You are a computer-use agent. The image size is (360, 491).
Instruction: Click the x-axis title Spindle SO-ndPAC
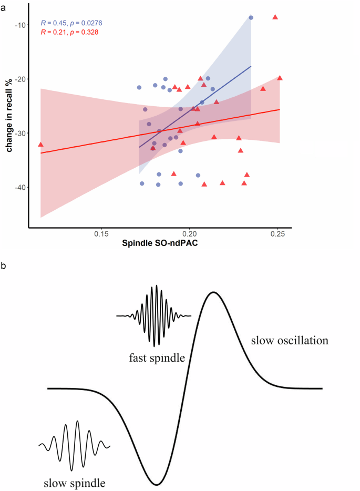point(159,243)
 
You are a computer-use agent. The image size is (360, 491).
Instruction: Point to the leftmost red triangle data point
point(40,144)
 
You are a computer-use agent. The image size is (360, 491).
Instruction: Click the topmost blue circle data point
point(251,17)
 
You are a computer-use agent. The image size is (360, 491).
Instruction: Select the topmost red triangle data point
point(275,17)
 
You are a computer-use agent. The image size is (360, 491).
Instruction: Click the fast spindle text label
point(157,359)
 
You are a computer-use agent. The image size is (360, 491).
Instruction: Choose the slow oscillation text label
point(290,341)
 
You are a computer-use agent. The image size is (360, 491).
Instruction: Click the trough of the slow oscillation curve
point(156,484)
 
